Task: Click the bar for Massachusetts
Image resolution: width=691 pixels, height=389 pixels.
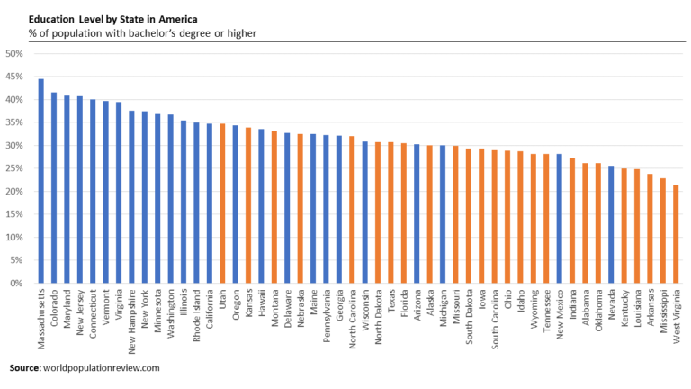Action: click(x=41, y=181)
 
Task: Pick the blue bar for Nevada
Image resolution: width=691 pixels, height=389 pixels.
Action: click(x=611, y=224)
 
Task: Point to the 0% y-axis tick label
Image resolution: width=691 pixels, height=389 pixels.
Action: click(x=17, y=284)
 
